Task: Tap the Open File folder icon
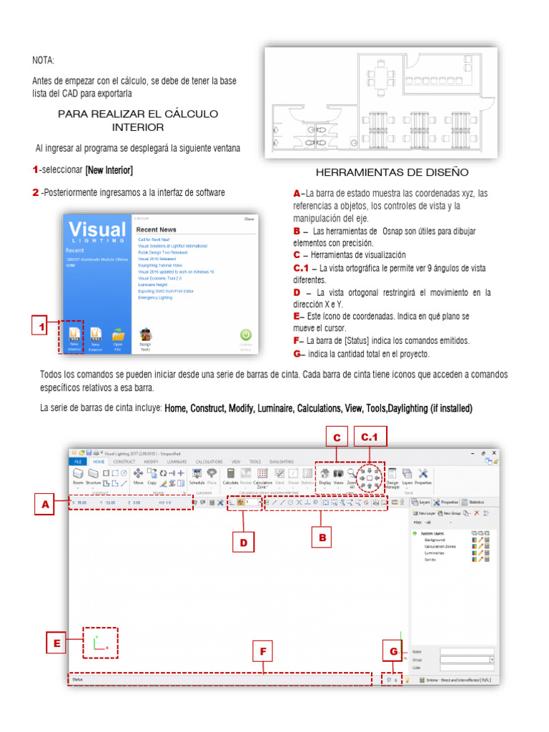click(x=118, y=336)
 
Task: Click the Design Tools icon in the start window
click(x=145, y=338)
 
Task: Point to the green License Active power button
click(x=245, y=336)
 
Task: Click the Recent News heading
click(x=156, y=229)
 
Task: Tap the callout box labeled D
click(x=244, y=543)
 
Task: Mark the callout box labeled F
click(x=262, y=651)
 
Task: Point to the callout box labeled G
click(x=393, y=651)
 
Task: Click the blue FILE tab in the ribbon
click(x=76, y=463)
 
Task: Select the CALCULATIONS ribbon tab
click(x=209, y=463)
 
